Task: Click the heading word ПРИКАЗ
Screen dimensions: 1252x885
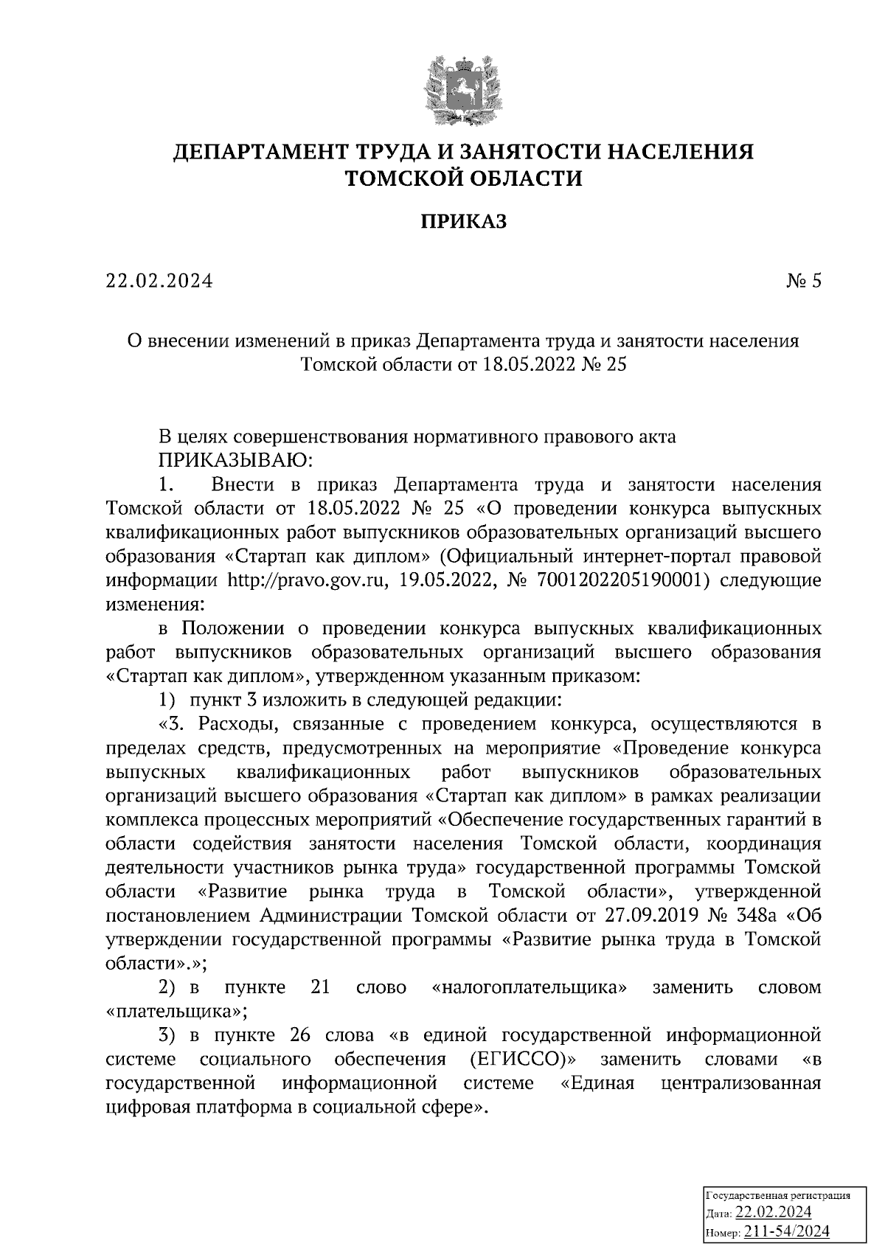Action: [x=464, y=221]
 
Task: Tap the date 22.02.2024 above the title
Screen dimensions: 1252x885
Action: [x=159, y=281]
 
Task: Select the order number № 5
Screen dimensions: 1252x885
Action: [x=802, y=281]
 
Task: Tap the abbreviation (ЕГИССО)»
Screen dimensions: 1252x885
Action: [x=522, y=1060]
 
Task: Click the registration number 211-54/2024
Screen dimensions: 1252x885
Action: [x=787, y=1231]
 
